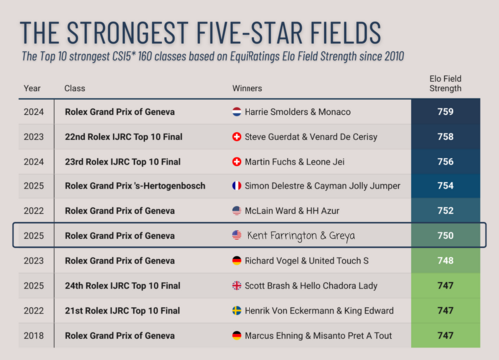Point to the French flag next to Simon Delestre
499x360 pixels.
coord(237,186)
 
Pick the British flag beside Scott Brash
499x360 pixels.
coord(237,285)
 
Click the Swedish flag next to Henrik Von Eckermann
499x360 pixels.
coord(237,310)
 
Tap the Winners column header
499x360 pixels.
coord(248,88)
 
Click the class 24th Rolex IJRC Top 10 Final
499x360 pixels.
coord(121,285)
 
